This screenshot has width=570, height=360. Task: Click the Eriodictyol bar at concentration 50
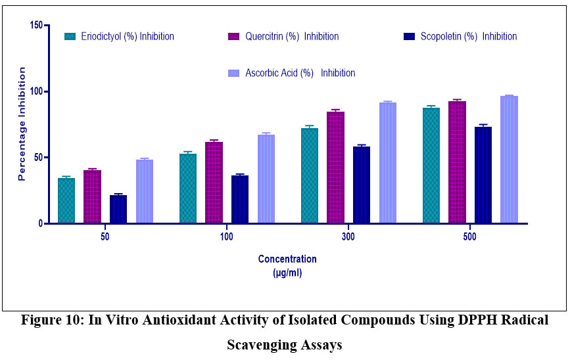(x=66, y=201)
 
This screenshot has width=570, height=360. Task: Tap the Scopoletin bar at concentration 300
(x=361, y=185)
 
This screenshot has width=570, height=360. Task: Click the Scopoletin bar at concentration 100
(x=240, y=200)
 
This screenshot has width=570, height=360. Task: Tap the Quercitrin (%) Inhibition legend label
(x=291, y=37)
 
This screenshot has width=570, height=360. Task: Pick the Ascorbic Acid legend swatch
(x=233, y=73)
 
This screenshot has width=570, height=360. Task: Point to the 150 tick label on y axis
(x=36, y=25)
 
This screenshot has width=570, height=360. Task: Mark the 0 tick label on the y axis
(x=40, y=223)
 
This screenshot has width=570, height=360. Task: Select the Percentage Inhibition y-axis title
(x=22, y=124)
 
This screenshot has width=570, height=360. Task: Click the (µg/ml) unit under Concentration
(x=287, y=271)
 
